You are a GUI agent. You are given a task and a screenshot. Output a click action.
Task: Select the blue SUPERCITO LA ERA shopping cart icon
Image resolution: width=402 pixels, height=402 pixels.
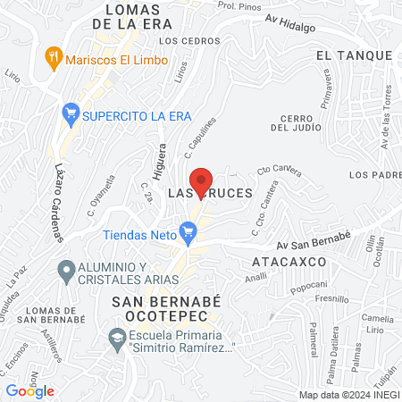[70, 114]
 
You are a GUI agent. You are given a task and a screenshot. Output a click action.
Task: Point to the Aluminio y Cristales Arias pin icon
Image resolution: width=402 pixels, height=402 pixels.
[65, 269]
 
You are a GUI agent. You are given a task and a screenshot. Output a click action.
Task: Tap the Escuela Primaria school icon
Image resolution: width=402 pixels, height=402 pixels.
[117, 338]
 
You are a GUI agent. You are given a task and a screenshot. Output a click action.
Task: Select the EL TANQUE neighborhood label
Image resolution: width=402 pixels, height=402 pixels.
[354, 55]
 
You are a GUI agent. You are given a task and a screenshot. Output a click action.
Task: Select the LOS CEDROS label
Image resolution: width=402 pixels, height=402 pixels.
[178, 41]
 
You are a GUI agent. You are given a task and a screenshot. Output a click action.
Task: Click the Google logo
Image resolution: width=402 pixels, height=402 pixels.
[30, 390]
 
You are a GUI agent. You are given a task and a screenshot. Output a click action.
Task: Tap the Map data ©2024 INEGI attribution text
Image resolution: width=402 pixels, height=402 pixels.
[348, 395]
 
